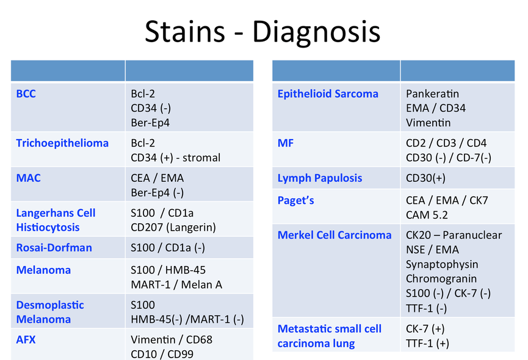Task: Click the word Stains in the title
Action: coord(185,31)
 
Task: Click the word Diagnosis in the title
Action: coord(316,32)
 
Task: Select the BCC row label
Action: coord(26,93)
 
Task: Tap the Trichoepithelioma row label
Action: coord(62,143)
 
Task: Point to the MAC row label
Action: coord(28,178)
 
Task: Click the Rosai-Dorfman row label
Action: coord(54,248)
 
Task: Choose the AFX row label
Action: coord(26,339)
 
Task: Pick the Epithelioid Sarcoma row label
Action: coord(328,94)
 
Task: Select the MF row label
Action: coord(286,143)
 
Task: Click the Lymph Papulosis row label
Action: coord(320,178)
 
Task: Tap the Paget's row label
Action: coord(295,201)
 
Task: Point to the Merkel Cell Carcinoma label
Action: coord(335,235)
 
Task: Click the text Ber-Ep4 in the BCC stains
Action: coord(150,123)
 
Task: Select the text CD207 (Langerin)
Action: coord(173,228)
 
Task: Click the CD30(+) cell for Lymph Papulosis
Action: coord(425,178)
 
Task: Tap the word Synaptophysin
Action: coord(442,264)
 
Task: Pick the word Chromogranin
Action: coord(441,279)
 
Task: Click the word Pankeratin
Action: coord(432,93)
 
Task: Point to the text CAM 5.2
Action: coord(427,215)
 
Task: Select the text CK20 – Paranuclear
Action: coord(454,235)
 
